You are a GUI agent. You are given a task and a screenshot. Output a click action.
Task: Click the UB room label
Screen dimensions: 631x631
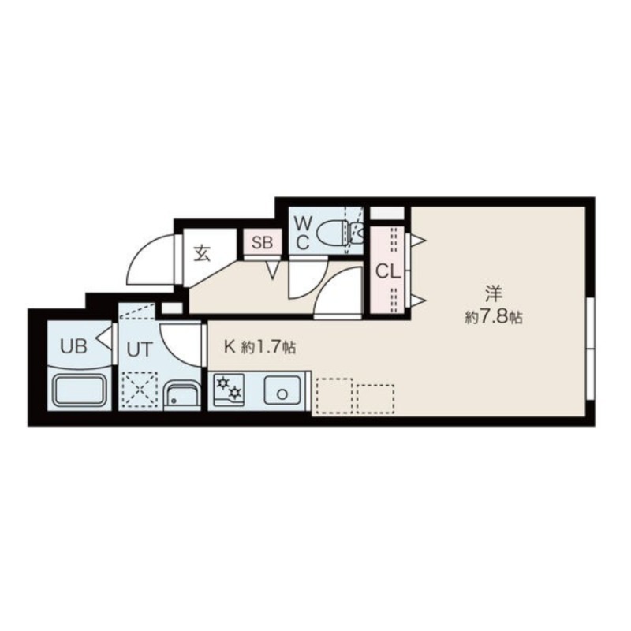tap(73, 346)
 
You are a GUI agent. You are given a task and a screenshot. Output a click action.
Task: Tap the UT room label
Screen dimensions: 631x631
tap(140, 349)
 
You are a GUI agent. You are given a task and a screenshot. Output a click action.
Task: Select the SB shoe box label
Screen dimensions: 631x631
tap(263, 242)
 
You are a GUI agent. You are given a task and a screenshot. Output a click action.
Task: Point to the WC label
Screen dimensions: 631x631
tap(303, 233)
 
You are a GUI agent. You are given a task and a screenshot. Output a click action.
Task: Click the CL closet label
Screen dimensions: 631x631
tap(388, 272)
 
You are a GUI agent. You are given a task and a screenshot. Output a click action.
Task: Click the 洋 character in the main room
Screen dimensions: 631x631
tap(494, 293)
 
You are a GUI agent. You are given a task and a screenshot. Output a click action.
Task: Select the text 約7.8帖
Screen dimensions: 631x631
tap(494, 318)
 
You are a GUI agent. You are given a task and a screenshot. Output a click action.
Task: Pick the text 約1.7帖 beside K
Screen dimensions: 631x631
tap(268, 347)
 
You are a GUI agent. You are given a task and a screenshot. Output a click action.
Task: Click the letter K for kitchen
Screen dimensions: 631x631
tap(230, 346)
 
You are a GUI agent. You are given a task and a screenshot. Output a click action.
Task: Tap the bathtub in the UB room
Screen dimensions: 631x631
tap(79, 390)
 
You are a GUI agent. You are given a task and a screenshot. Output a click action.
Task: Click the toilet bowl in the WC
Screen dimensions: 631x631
tap(333, 233)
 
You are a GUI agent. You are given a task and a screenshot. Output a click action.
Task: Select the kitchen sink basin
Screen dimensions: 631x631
tap(282, 390)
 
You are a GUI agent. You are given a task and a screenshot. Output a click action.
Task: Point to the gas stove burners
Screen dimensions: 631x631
tap(229, 389)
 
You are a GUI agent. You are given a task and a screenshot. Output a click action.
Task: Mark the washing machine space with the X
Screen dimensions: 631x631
tap(140, 389)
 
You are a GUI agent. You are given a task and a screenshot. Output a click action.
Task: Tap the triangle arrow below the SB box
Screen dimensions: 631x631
tap(273, 270)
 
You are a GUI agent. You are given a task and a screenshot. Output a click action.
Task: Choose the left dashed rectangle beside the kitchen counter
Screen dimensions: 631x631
tap(334, 396)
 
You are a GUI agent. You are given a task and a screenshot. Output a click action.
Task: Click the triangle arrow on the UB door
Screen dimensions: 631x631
tap(105, 338)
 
